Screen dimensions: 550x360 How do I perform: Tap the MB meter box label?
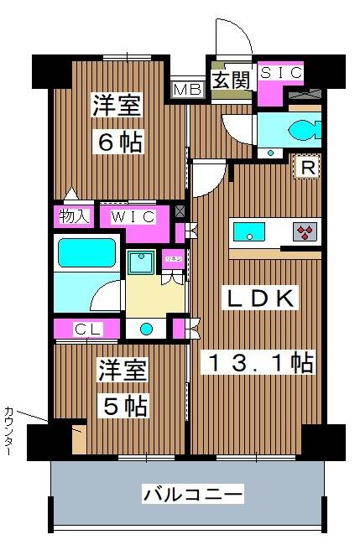(186, 88)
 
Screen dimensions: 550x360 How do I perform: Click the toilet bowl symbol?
(298, 129)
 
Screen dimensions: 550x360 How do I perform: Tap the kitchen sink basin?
(250, 231)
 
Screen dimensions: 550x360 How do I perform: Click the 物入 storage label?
(74, 216)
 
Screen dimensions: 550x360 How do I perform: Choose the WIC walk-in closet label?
(134, 216)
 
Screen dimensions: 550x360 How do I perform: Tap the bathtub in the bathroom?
(84, 252)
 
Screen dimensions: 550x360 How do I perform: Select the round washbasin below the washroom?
(148, 328)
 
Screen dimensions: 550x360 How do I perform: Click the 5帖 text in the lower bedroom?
(127, 407)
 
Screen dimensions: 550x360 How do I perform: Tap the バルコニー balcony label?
(193, 494)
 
